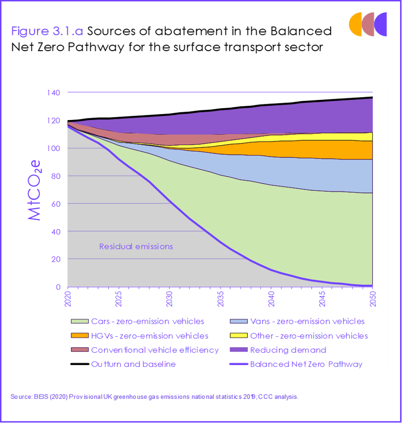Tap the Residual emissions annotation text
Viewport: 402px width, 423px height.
[136, 246]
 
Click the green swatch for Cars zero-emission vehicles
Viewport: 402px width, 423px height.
[78, 321]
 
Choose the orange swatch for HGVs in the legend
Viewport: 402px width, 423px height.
[78, 335]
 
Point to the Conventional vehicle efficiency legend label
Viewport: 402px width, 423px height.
[155, 350]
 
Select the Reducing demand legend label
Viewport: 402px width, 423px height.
[288, 350]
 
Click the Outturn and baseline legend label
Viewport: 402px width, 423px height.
[133, 364]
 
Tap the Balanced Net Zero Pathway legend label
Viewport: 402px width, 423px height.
[306, 364]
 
